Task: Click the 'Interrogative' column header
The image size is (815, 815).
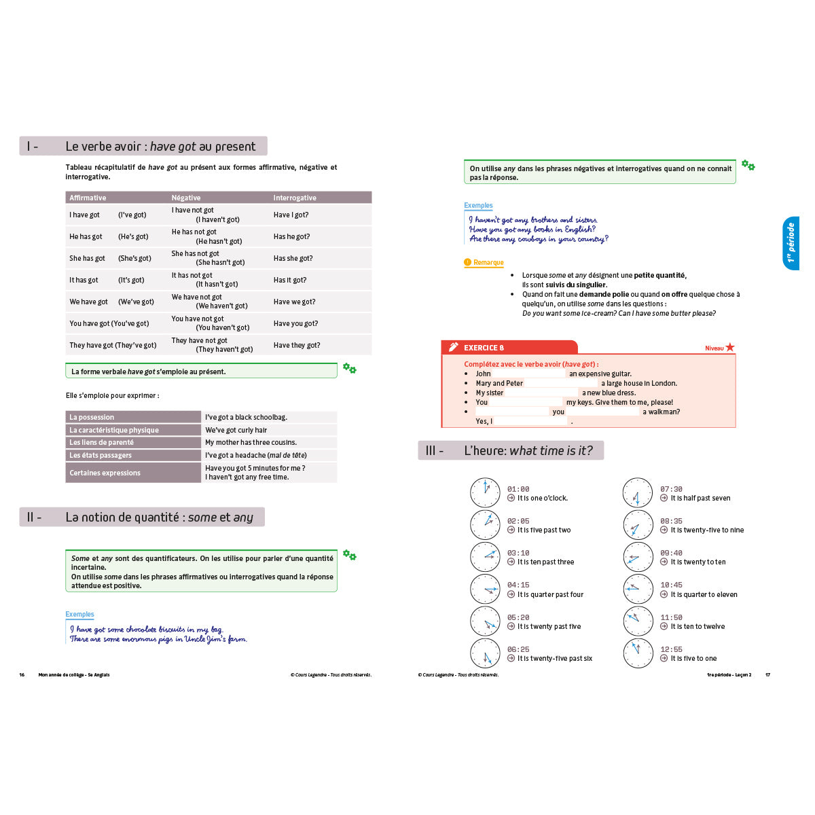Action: point(295,198)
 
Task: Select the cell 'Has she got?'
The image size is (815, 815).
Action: point(293,258)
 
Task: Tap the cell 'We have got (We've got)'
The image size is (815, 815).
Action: point(111,302)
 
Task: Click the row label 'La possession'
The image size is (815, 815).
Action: point(133,417)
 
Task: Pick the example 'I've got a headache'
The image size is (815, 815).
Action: point(256,455)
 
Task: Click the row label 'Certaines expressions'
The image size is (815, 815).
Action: point(133,473)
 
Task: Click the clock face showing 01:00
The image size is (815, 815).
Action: point(485,492)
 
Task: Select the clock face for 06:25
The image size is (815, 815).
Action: point(485,653)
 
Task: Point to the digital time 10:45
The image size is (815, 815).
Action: point(671,585)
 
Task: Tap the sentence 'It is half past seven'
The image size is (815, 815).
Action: point(700,498)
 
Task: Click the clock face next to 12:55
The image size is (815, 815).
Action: point(638,653)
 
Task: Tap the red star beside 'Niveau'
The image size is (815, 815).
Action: point(730,347)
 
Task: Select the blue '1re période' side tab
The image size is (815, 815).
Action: point(791,243)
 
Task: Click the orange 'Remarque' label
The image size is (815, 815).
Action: point(488,262)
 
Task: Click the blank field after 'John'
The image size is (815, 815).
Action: point(529,374)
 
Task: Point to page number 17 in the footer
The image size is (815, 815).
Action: point(768,674)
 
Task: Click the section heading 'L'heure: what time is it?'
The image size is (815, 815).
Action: point(528,450)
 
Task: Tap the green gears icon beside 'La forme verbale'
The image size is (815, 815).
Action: point(350,368)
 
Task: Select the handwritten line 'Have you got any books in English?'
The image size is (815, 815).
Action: point(532,230)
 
